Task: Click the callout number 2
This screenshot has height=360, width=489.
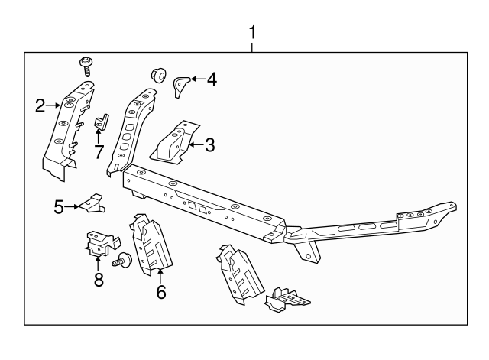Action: pos(40,106)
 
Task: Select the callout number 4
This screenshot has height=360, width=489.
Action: pos(211,78)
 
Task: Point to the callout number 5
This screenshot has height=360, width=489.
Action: pos(59,206)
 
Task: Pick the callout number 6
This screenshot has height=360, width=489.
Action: pos(160,291)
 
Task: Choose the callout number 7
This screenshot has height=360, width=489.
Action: pos(99,151)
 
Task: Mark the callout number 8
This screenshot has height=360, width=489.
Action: pos(99,280)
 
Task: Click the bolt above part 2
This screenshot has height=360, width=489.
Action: pos(86,63)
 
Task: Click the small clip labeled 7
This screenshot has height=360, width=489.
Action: pos(100,124)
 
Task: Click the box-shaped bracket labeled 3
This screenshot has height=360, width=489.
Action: pos(175,142)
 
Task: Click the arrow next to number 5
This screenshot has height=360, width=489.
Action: pos(73,206)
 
